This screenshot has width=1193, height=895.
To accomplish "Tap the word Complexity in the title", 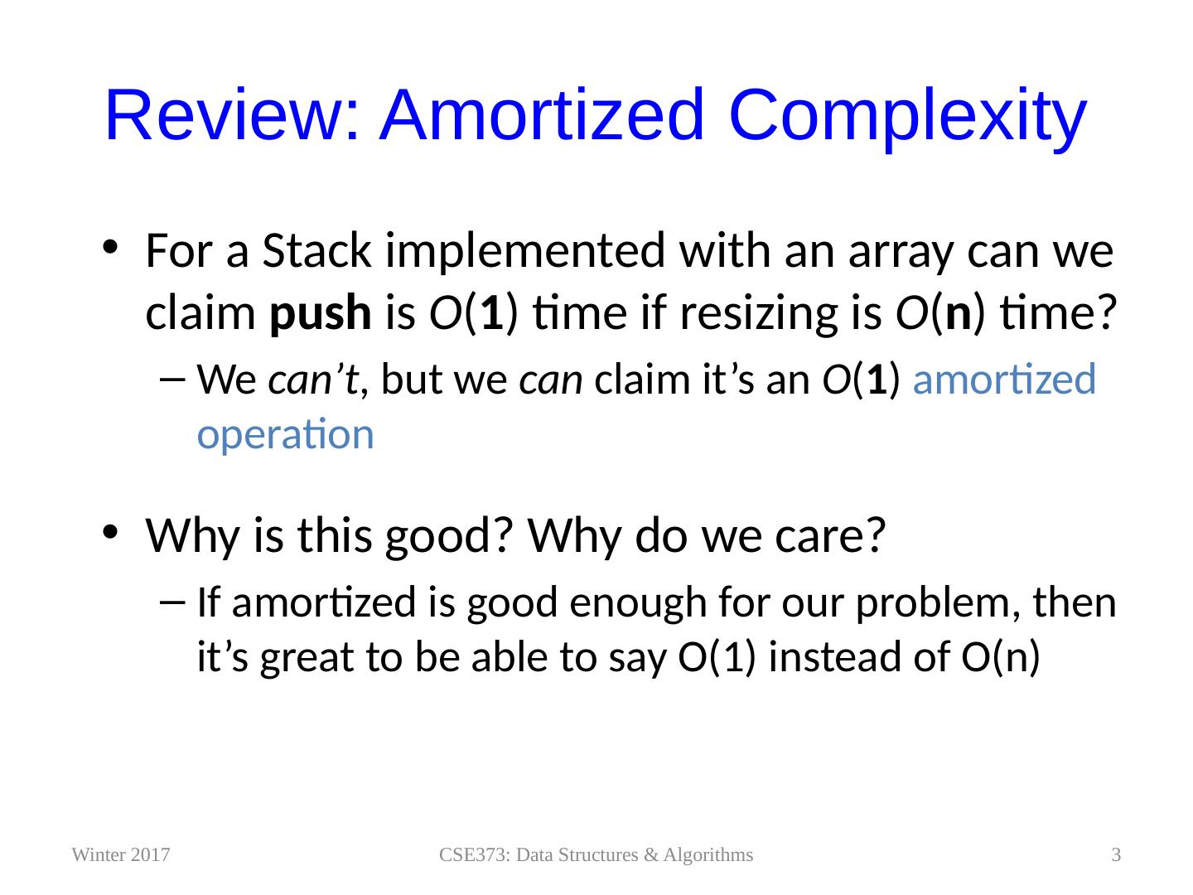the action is pos(907,119).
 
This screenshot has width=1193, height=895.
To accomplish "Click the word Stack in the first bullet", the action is pos(316,250).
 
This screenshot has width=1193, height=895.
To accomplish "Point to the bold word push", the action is pos(321,314).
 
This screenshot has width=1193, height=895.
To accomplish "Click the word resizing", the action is pos(759,314).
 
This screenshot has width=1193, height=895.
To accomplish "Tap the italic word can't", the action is pos(313,380).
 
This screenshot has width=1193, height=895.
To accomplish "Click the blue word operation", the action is pos(285,435).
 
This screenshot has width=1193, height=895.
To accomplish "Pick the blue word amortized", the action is pos(1004,380).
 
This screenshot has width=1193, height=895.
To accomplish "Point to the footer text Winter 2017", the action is pos(121,854).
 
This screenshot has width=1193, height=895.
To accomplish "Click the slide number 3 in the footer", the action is pos(1116,854).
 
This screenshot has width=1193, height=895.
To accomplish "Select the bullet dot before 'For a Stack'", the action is pos(110,247).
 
